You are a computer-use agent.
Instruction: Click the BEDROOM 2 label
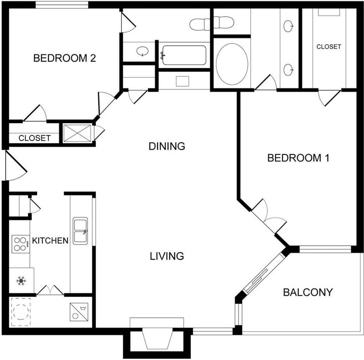pos(65,58)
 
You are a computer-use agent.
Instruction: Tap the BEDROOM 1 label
pos(298,158)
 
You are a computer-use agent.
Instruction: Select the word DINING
pos(167,146)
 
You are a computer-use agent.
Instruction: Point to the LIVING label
pos(167,256)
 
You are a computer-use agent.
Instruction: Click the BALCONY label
pos(308,292)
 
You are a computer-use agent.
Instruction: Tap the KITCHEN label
pos(50,240)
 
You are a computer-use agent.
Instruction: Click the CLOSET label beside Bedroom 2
pos(35,138)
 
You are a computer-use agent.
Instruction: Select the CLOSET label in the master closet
pos(329,47)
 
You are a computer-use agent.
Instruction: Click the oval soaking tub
pos(232,64)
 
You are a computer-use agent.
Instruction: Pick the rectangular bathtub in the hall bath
pos(184,55)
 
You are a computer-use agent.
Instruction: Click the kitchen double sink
pos(80,231)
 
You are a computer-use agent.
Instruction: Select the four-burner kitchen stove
pos(20,244)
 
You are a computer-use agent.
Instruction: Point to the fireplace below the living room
pos(158,338)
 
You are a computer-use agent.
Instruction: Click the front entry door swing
pos(15,166)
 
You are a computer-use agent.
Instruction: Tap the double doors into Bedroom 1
pos(269,217)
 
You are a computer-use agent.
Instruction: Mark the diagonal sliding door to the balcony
pos(263,271)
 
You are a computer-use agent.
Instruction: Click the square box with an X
pos(77,133)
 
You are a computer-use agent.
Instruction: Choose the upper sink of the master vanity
pos(288,26)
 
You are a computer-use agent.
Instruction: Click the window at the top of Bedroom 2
pos(62,5)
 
